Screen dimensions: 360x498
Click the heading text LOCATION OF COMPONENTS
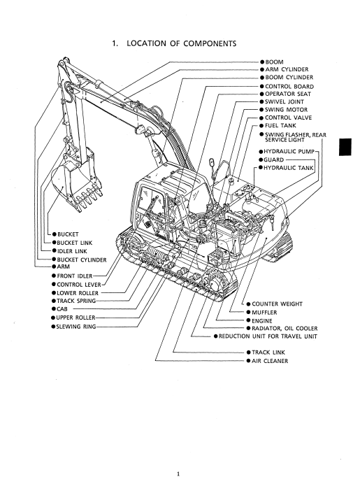click(181, 43)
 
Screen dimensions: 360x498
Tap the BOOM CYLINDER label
click(289, 78)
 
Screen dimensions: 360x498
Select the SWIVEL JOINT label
click(284, 102)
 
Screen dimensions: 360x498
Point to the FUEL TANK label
click(280, 126)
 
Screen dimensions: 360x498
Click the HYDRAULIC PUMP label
click(289, 152)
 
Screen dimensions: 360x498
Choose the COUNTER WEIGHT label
click(277, 304)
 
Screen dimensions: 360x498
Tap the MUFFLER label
click(264, 313)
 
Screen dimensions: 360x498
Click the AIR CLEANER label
click(270, 361)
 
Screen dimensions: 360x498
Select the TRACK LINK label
click(268, 353)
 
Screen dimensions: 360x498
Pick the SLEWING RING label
click(76, 327)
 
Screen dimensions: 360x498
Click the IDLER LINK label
click(72, 251)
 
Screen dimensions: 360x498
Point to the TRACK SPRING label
click(76, 301)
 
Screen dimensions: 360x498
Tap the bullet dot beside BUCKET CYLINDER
click(54, 259)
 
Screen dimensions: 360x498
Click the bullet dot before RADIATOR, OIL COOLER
click(249, 328)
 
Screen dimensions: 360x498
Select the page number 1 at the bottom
click(178, 474)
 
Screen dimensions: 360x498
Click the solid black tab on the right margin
click(345, 148)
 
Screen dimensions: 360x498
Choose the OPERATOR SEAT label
click(288, 94)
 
